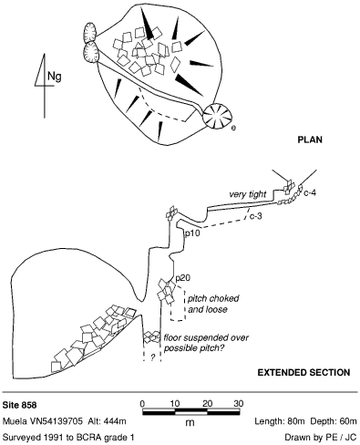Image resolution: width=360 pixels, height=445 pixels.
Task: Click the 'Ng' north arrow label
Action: [x=55, y=76]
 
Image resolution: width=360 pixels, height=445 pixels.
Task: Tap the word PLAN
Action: [x=310, y=140]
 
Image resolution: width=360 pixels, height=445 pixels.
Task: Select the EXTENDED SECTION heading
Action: [x=303, y=373]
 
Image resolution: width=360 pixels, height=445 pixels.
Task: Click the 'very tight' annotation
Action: [x=248, y=194]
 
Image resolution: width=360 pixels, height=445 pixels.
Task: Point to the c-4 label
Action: [x=310, y=192]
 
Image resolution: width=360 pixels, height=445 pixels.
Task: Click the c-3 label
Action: [x=256, y=216]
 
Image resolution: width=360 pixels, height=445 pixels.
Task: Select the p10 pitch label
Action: [x=192, y=233]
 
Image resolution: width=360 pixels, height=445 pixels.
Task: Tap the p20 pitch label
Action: [x=183, y=278]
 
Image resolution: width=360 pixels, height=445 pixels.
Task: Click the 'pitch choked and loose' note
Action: [x=213, y=304]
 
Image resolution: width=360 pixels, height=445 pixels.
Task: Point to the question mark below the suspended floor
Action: [x=153, y=357]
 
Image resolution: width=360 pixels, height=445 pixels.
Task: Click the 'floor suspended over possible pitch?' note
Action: [x=206, y=343]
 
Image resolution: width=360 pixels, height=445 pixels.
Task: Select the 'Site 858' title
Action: [x=19, y=405]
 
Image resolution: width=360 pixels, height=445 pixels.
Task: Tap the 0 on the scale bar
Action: [x=142, y=404]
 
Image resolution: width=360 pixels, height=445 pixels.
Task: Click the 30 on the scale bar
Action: [x=239, y=404]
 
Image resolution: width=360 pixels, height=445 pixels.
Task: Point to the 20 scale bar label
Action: [x=207, y=404]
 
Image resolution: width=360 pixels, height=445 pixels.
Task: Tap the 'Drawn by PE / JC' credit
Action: [x=321, y=438]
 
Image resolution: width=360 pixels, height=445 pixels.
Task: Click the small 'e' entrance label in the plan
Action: [x=233, y=128]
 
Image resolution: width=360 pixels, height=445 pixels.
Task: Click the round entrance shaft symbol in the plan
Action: [x=218, y=117]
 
